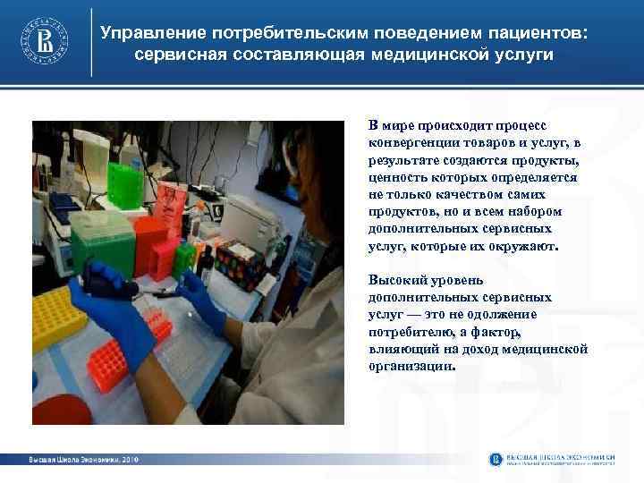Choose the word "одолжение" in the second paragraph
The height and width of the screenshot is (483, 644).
tap(498, 313)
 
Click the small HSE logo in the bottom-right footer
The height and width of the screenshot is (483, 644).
tap(496, 460)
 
